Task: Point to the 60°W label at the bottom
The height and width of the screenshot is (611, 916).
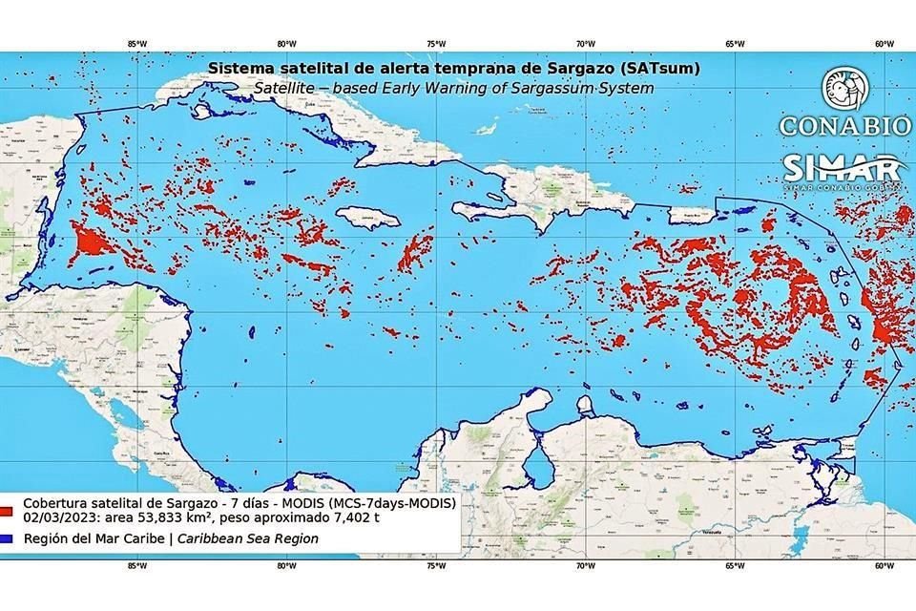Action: (884, 565)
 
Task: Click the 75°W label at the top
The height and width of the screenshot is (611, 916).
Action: (436, 43)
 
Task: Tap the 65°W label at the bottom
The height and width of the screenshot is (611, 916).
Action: (735, 565)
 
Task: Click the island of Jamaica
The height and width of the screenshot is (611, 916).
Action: (367, 219)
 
